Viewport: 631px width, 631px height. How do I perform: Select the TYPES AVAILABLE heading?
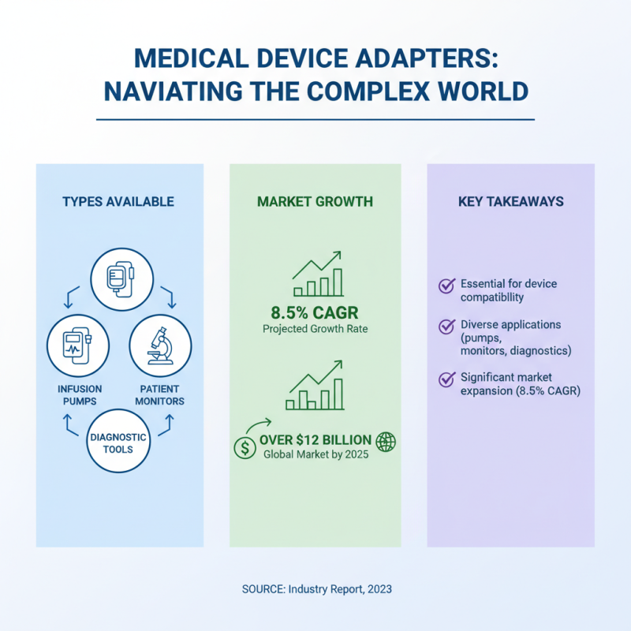pyautogui.click(x=118, y=202)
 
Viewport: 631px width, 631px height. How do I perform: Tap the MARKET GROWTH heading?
pyautogui.click(x=315, y=202)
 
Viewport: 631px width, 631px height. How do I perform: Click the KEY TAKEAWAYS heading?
pyautogui.click(x=511, y=202)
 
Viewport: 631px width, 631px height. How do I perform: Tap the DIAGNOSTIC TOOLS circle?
pyautogui.click(x=118, y=442)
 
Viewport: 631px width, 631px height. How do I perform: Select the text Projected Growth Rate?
pyautogui.click(x=315, y=328)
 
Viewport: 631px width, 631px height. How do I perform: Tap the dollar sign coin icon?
pyautogui.click(x=245, y=447)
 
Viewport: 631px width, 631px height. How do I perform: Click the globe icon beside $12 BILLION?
pyautogui.click(x=386, y=442)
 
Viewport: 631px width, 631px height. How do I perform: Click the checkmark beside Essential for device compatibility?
pyautogui.click(x=446, y=286)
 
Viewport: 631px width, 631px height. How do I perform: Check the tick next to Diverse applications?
pyautogui.click(x=446, y=327)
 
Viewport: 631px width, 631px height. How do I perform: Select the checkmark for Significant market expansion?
pyautogui.click(x=446, y=379)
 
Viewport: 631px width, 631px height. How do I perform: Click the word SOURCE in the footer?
pyautogui.click(x=261, y=589)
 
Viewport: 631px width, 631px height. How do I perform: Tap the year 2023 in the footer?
pyautogui.click(x=377, y=589)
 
